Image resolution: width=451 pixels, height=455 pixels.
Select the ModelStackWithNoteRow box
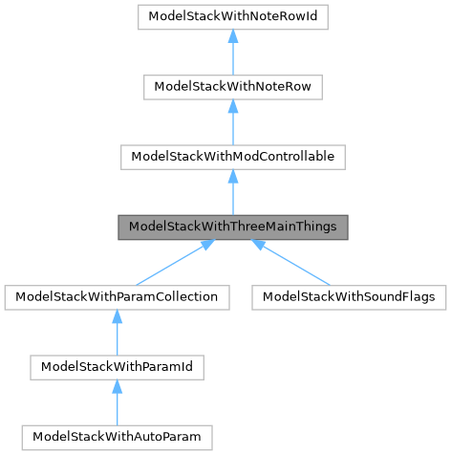[233, 87]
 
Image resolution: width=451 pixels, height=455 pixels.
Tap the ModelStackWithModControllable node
[233, 157]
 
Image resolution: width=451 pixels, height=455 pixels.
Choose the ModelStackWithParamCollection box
[117, 297]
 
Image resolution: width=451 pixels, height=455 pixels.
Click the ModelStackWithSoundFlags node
[349, 297]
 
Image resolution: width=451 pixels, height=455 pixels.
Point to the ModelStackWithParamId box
[117, 367]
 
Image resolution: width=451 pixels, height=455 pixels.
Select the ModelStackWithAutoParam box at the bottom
[117, 437]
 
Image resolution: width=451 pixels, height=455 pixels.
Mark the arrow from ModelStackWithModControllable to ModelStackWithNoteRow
[233, 125]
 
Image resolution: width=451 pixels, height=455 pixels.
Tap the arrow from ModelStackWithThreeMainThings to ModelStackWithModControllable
[233, 195]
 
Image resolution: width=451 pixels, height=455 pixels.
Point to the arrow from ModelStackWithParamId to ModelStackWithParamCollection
[117, 336]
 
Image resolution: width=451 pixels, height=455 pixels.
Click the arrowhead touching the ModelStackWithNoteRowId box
[233, 36]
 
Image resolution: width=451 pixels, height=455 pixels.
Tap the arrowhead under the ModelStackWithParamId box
[117, 387]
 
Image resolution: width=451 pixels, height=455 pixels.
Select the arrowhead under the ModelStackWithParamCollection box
[117, 317]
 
